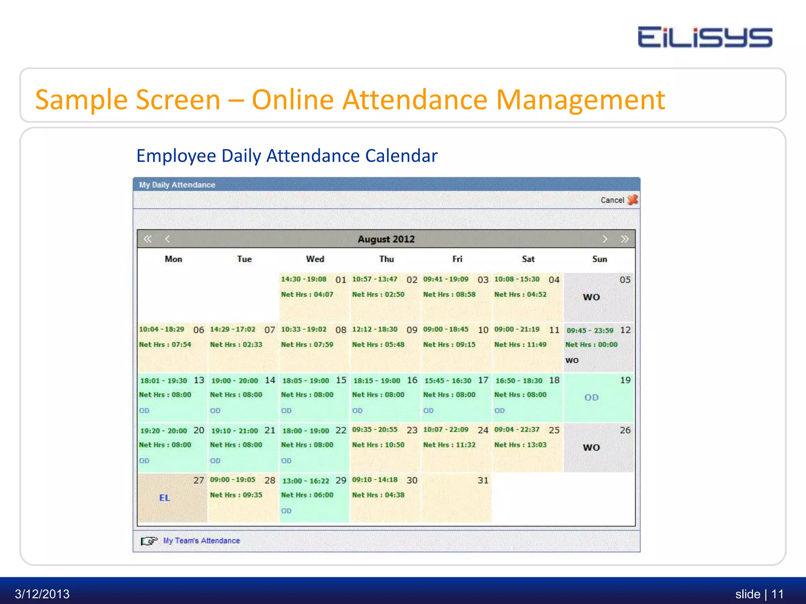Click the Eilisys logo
pos(704,37)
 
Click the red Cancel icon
pos(632,200)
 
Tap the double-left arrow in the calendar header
pos(148,239)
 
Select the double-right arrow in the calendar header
pos(625,239)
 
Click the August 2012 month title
pos(386,239)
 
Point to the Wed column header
pos(315,259)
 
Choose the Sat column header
pos(528,259)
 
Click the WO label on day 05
pos(592,297)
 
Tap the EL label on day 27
pos(165,498)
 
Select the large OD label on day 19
pos(592,398)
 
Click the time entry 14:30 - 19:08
pos(303,279)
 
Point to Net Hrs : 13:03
pos(520,445)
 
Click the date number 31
pos(483,480)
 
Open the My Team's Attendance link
pos(201,541)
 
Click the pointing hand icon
pos(149,541)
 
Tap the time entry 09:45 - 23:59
pos(590,331)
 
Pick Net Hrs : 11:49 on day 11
pos(520,344)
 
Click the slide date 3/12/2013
pos(42,594)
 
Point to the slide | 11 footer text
pos(759,594)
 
